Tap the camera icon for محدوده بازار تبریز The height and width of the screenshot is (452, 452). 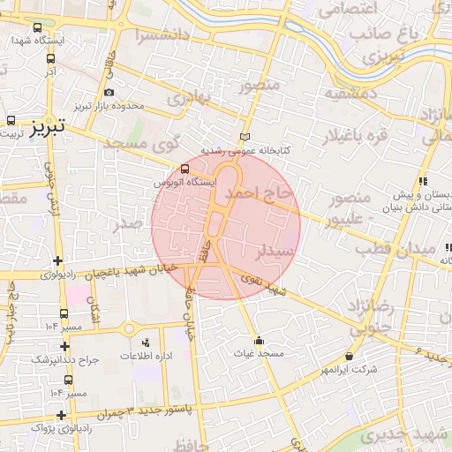point(108,93)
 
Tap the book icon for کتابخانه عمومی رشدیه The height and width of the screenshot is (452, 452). point(245,137)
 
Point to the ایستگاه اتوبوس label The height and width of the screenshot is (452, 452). point(184,182)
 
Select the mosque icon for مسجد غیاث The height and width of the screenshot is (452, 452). point(258,341)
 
